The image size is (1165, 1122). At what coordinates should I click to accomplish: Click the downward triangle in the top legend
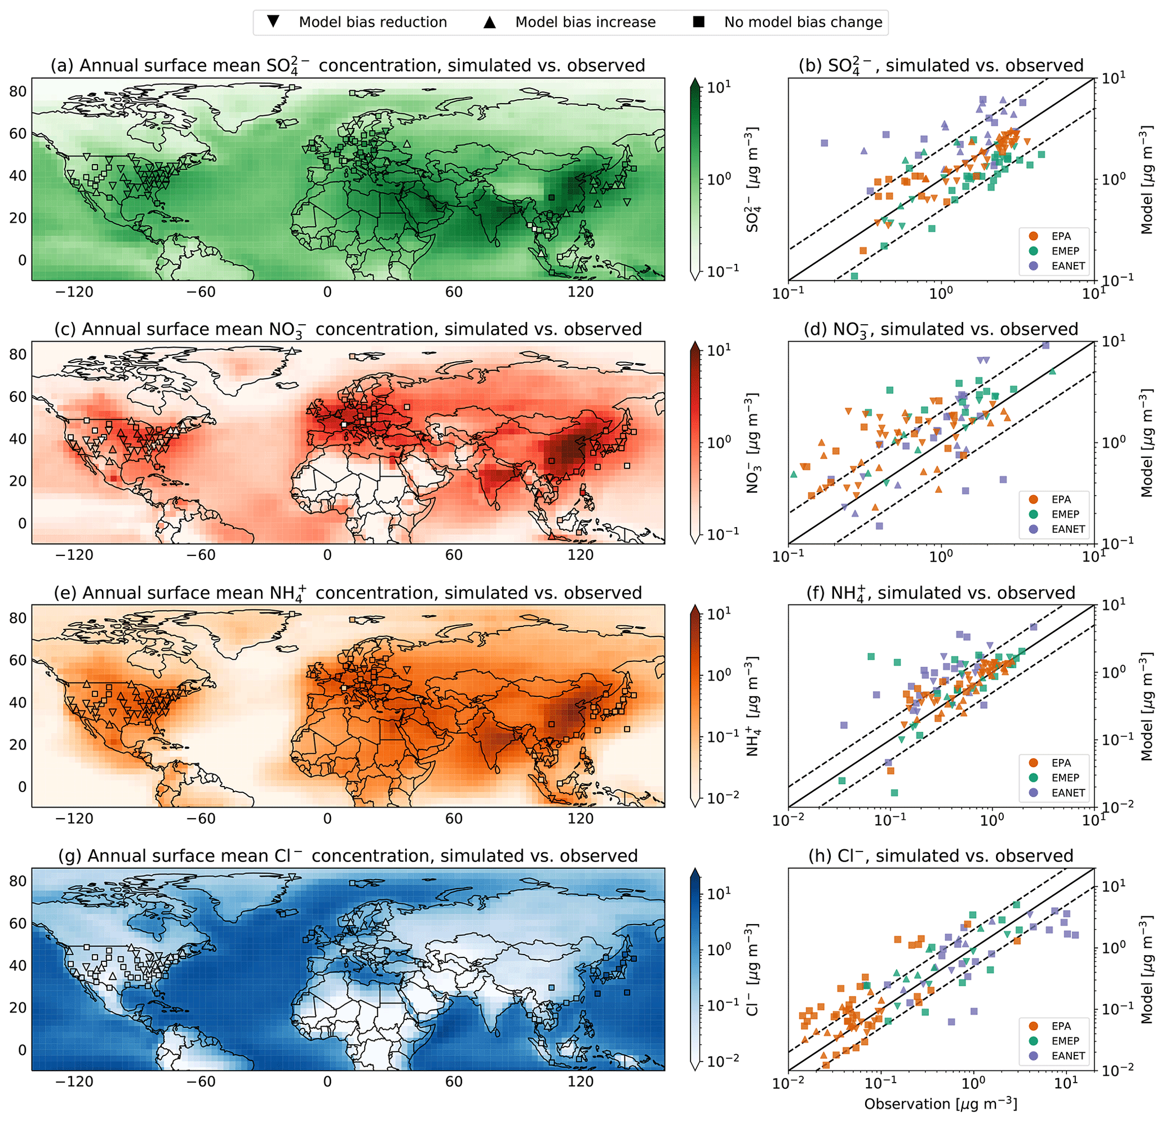click(x=273, y=22)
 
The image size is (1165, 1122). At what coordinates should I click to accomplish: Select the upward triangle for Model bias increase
click(x=489, y=22)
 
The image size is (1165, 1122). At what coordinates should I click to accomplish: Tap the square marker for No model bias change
click(x=699, y=22)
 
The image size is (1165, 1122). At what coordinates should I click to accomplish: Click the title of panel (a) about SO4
click(x=347, y=65)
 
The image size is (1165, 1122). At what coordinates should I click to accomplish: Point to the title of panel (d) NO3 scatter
click(x=940, y=329)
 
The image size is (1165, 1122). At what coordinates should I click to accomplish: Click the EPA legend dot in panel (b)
click(x=1033, y=236)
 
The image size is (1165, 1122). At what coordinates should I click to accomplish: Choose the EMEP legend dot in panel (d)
click(x=1033, y=514)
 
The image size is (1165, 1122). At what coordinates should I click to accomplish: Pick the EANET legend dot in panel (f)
click(x=1033, y=793)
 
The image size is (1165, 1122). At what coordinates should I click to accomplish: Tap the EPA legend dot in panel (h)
click(x=1033, y=1026)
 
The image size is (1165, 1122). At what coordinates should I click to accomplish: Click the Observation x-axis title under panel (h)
click(x=940, y=1103)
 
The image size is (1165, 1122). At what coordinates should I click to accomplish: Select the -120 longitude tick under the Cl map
click(x=74, y=1081)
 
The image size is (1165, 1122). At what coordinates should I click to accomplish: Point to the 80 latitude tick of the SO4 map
click(x=18, y=91)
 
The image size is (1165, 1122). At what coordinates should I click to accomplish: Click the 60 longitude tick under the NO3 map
click(x=454, y=555)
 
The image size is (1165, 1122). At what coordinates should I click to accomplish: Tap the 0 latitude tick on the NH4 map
click(x=22, y=787)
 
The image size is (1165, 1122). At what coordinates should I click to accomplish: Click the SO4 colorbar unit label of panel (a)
click(x=752, y=179)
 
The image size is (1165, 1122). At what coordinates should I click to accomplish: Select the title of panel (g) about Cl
click(x=347, y=856)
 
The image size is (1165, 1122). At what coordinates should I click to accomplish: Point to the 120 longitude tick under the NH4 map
click(x=580, y=818)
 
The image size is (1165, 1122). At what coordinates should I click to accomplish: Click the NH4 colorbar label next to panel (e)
click(x=752, y=706)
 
